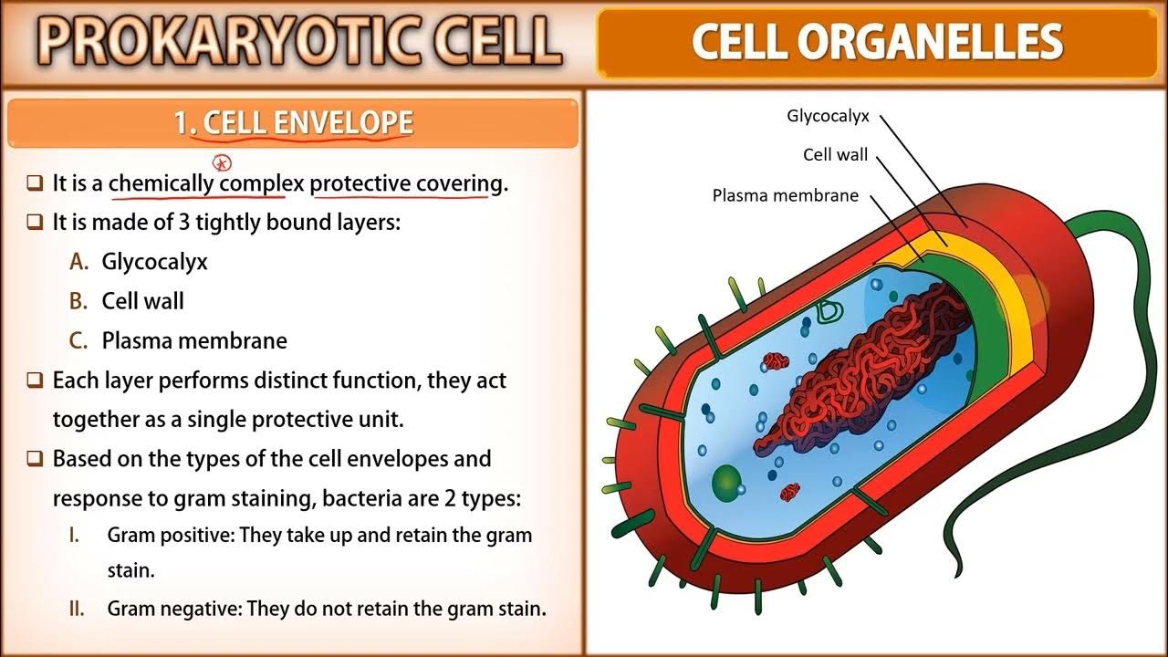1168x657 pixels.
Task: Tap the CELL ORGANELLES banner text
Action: [x=877, y=41]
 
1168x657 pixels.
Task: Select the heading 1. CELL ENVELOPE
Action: [x=294, y=122]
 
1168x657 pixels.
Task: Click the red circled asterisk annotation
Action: [x=222, y=163]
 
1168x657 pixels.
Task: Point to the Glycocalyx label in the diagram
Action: [x=828, y=116]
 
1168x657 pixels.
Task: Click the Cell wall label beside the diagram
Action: [x=835, y=154]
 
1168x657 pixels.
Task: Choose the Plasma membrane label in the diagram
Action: [x=786, y=195]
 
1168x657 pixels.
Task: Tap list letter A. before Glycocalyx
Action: [x=79, y=261]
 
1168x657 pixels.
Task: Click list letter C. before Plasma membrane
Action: [x=78, y=340]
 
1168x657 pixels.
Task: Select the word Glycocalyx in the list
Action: [x=154, y=262]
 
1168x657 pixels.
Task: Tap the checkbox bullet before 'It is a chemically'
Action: [x=35, y=183]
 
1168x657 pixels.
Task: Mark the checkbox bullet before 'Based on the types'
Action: [x=35, y=459]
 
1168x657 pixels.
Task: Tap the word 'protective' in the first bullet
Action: [x=360, y=184]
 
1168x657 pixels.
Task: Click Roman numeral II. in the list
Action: [x=77, y=609]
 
